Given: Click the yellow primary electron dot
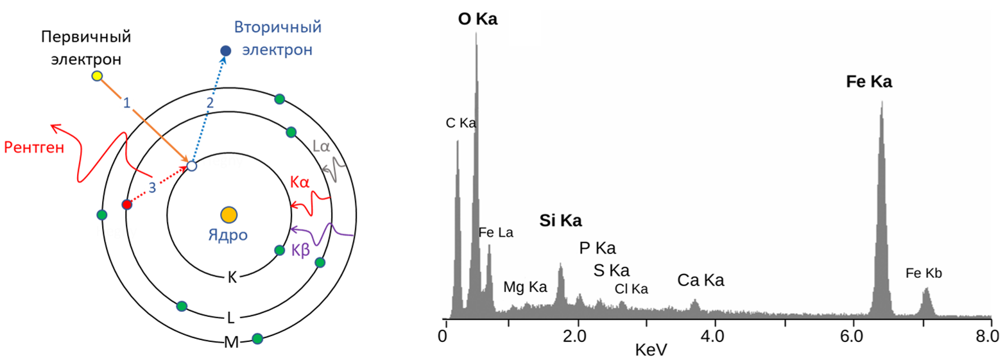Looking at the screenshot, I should [x=97, y=76].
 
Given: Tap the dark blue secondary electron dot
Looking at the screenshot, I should [x=225, y=51].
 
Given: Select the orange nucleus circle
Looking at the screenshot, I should [x=228, y=214].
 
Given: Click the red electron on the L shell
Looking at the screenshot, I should [x=126, y=205].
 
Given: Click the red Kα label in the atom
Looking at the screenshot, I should [x=300, y=183].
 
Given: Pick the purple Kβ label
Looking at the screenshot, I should [x=300, y=249].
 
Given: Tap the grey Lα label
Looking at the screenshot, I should [x=322, y=147].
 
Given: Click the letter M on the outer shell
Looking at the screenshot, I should [x=231, y=342].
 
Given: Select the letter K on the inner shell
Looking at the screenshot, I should [x=232, y=278].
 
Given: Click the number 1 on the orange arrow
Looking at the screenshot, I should [x=126, y=103].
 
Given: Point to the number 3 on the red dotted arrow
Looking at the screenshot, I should [x=152, y=187].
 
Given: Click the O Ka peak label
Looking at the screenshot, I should [x=477, y=20].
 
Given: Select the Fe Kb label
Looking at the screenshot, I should [x=923, y=273].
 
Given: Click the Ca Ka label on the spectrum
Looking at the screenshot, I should [x=701, y=280].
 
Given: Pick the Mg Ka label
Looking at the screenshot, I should [x=525, y=287].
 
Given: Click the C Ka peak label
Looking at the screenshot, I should [x=461, y=123].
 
